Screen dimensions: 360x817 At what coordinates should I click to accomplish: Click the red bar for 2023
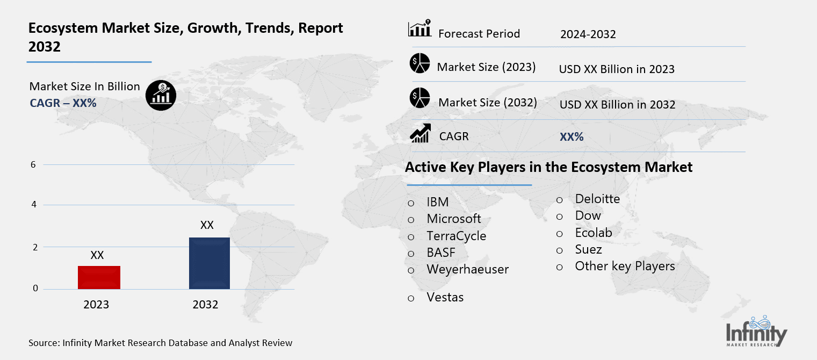(x=99, y=277)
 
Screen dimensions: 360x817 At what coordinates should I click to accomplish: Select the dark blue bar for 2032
(x=209, y=263)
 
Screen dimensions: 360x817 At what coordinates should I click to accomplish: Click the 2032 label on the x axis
(x=205, y=305)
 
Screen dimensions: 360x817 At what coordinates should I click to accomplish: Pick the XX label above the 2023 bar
(x=97, y=255)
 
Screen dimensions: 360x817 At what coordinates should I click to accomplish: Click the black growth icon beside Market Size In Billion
(x=161, y=96)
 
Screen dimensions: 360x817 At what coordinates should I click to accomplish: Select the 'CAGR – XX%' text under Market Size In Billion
(x=63, y=103)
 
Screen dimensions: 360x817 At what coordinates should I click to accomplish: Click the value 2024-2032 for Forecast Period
(x=588, y=34)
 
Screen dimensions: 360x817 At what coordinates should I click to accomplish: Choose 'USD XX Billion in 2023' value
(x=617, y=69)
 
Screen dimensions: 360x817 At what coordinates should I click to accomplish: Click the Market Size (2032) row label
(x=487, y=102)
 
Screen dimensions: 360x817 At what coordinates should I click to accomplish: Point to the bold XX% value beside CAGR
(x=572, y=137)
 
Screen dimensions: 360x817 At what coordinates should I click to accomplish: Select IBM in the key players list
(x=437, y=202)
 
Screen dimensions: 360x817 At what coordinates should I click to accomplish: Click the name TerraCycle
(x=456, y=236)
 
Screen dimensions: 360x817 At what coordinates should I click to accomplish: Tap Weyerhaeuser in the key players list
(x=467, y=269)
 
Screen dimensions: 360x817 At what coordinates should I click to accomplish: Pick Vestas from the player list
(x=445, y=297)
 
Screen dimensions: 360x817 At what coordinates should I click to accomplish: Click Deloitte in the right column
(x=597, y=199)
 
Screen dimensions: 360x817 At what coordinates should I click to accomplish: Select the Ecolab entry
(x=593, y=233)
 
